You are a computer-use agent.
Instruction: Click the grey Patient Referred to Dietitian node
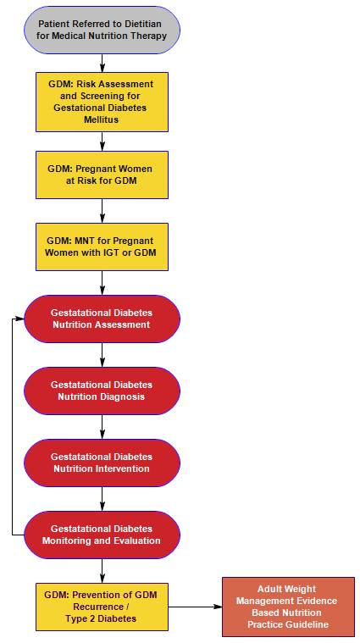102,30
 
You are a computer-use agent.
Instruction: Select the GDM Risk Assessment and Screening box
102,103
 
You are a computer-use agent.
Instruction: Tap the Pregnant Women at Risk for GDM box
102,175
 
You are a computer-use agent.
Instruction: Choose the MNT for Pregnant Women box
102,247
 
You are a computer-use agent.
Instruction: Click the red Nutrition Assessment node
102,319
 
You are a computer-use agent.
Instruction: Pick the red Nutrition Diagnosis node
102,391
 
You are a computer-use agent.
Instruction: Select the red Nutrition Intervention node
102,463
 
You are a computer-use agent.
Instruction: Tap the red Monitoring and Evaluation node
102,535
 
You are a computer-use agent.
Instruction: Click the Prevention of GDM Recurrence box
102,607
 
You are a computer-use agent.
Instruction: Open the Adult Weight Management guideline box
288,607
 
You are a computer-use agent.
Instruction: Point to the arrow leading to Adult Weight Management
195,607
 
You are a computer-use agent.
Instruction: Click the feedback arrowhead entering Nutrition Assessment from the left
19,319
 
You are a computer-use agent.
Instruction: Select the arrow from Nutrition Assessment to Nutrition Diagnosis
102,355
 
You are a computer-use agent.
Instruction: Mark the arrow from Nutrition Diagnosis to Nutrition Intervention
102,427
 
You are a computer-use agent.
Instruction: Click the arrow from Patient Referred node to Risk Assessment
102,64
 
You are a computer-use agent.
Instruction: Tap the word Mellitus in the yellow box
102,119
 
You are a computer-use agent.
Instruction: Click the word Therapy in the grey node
151,36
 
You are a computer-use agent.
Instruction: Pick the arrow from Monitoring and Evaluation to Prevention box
102,571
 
